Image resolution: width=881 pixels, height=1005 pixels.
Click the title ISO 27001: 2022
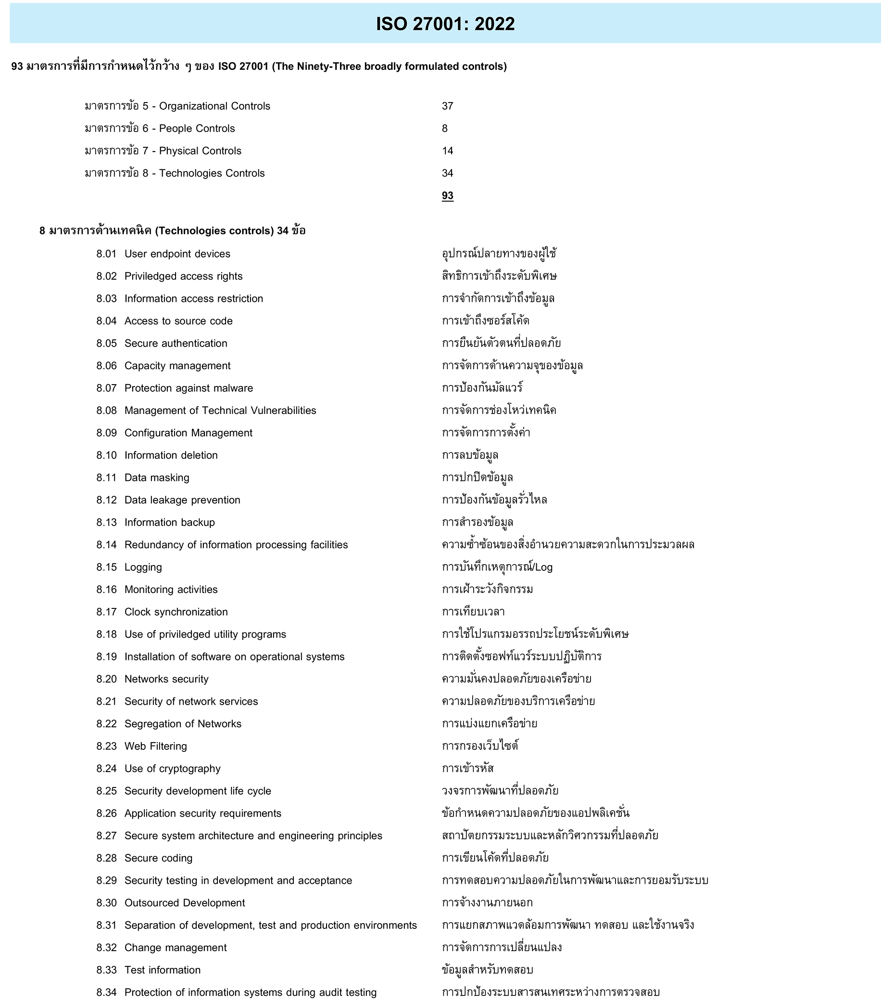(445, 24)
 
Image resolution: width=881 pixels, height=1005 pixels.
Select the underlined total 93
(447, 196)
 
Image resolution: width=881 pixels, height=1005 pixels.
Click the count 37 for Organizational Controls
(447, 106)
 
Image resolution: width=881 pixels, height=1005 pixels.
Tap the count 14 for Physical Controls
(447, 151)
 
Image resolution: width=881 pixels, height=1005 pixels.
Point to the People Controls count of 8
(445, 129)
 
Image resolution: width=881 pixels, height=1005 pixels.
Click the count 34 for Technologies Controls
(447, 174)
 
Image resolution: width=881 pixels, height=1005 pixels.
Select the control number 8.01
(106, 254)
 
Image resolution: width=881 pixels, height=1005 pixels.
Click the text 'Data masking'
(157, 478)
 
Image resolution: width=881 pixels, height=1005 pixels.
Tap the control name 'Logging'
(143, 567)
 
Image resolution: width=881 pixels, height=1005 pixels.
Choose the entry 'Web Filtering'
(156, 747)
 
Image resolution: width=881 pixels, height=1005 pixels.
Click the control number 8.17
(106, 612)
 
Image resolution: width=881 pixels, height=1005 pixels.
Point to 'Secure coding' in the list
(158, 859)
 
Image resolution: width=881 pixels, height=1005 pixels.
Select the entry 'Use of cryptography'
(173, 769)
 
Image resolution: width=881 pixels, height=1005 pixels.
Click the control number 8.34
(106, 992)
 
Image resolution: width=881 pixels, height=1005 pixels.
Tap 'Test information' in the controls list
(163, 970)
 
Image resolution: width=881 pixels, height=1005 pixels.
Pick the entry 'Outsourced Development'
(185, 903)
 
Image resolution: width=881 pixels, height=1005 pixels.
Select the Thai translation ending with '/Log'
(497, 567)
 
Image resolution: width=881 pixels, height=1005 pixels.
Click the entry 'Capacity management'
(177, 366)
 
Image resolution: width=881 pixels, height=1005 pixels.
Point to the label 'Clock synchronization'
(176, 612)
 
